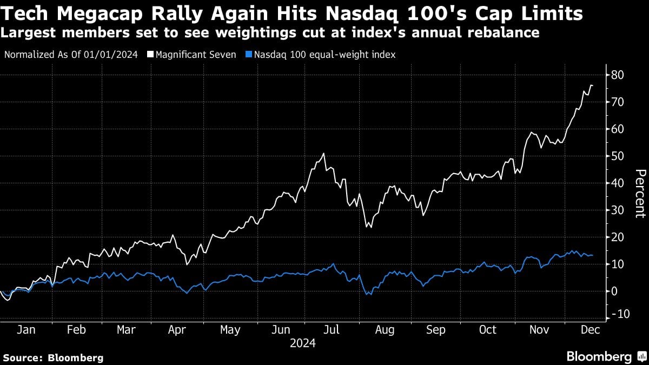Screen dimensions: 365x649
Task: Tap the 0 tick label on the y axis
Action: pos(614,291)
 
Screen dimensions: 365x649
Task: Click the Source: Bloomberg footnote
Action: pos(53,357)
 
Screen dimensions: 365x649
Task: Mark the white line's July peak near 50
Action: pos(323,154)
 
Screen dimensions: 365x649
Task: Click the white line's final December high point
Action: pos(591,85)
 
